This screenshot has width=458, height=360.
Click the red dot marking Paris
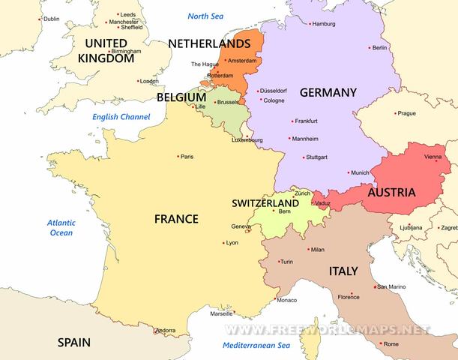[178, 156]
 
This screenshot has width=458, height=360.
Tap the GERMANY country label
[328, 92]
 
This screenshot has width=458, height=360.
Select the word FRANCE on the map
[176, 219]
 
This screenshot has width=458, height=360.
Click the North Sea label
[206, 16]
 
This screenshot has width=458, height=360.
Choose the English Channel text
[121, 117]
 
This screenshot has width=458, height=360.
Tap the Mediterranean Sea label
[256, 346]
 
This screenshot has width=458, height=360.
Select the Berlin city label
[379, 48]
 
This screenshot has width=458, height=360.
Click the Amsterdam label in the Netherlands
[243, 60]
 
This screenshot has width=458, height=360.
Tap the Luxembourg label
[248, 139]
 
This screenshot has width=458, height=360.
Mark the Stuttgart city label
[317, 157]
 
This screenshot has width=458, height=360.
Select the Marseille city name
[221, 313]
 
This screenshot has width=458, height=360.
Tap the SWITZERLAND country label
[265, 203]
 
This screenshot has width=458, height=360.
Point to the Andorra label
[165, 331]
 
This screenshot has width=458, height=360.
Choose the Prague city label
[406, 113]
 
